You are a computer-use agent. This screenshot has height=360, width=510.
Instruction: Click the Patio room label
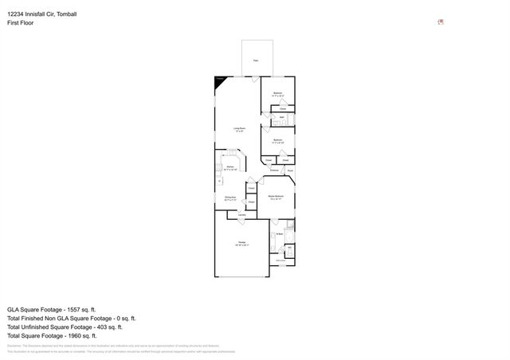pyautogui.click(x=255, y=61)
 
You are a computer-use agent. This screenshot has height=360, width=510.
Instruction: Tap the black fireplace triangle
pyautogui.click(x=219, y=80)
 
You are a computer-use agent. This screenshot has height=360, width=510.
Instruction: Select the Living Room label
pyautogui.click(x=238, y=129)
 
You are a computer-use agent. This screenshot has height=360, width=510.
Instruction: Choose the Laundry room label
pyautogui.click(x=240, y=215)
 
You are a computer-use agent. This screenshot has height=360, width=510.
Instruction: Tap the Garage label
pyautogui.click(x=241, y=243)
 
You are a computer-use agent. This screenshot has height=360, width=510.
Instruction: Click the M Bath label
pyautogui.click(x=280, y=233)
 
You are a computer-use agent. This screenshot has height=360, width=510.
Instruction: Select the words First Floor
pyautogui.click(x=21, y=23)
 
